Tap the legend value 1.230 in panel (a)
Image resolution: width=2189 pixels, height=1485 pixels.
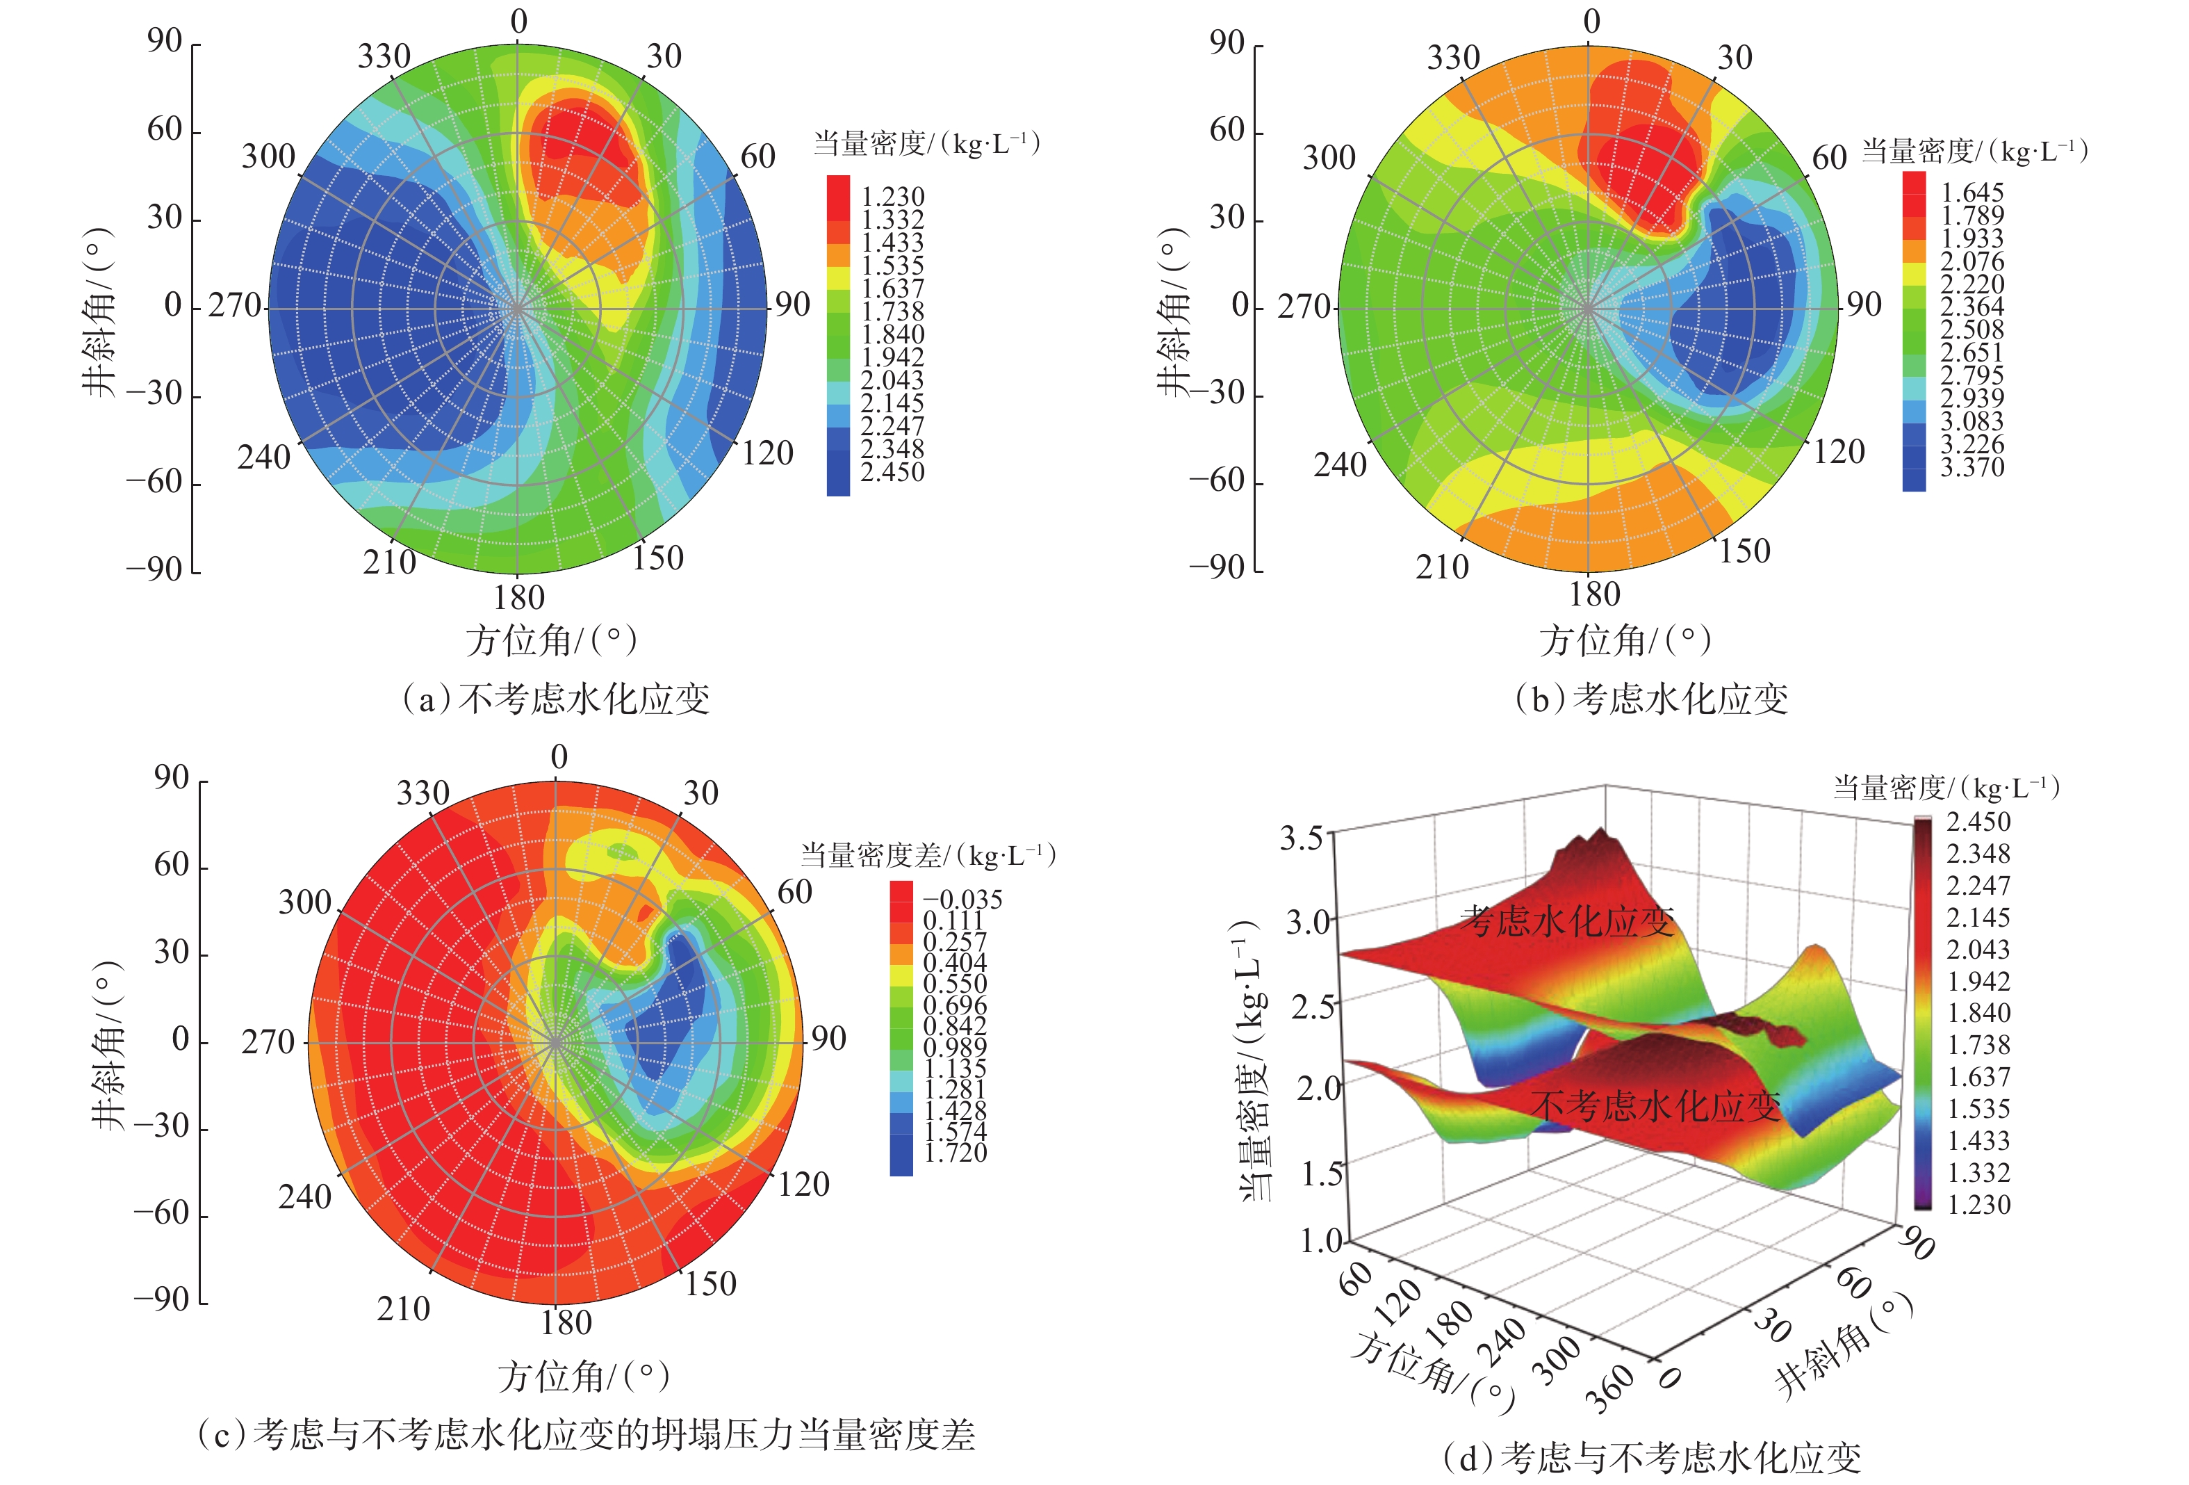pos(893,196)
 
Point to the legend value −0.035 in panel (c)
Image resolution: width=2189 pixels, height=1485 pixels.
pos(962,899)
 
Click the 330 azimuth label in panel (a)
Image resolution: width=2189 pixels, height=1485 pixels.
pos(384,56)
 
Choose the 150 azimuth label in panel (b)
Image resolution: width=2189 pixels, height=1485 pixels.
pos(1744,551)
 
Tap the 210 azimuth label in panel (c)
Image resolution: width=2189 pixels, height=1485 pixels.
pos(403,1309)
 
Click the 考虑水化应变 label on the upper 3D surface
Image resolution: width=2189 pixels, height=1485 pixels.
pos(1566,920)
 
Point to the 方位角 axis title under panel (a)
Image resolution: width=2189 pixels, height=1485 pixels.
pos(552,641)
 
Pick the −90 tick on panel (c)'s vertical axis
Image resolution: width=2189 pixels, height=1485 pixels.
pos(161,1299)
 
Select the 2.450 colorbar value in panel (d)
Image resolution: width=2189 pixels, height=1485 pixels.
pos(1978,822)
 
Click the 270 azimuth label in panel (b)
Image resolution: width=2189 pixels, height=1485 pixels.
pos(1304,306)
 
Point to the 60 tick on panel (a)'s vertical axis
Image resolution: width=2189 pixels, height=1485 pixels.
pos(165,129)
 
